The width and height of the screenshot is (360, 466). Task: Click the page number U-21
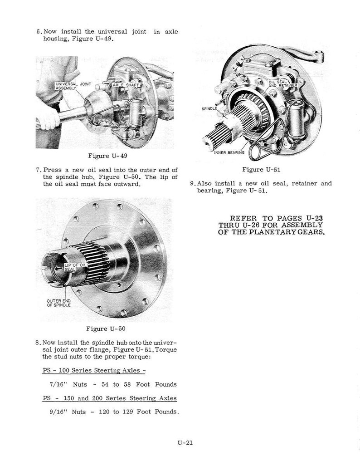[185, 442]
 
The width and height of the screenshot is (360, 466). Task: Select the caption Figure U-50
[106, 329]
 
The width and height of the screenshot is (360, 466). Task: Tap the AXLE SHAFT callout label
[126, 85]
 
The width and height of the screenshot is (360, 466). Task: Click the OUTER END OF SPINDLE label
[59, 303]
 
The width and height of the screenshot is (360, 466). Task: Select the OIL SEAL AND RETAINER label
[282, 83]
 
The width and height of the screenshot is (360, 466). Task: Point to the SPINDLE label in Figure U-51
[209, 109]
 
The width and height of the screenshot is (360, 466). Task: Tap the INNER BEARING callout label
[229, 153]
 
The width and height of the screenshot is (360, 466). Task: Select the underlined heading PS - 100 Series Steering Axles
[94, 370]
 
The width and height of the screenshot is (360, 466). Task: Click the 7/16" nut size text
[58, 384]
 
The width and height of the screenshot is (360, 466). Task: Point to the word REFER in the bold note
[243, 218]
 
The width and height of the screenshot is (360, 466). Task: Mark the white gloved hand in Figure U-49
[48, 119]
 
